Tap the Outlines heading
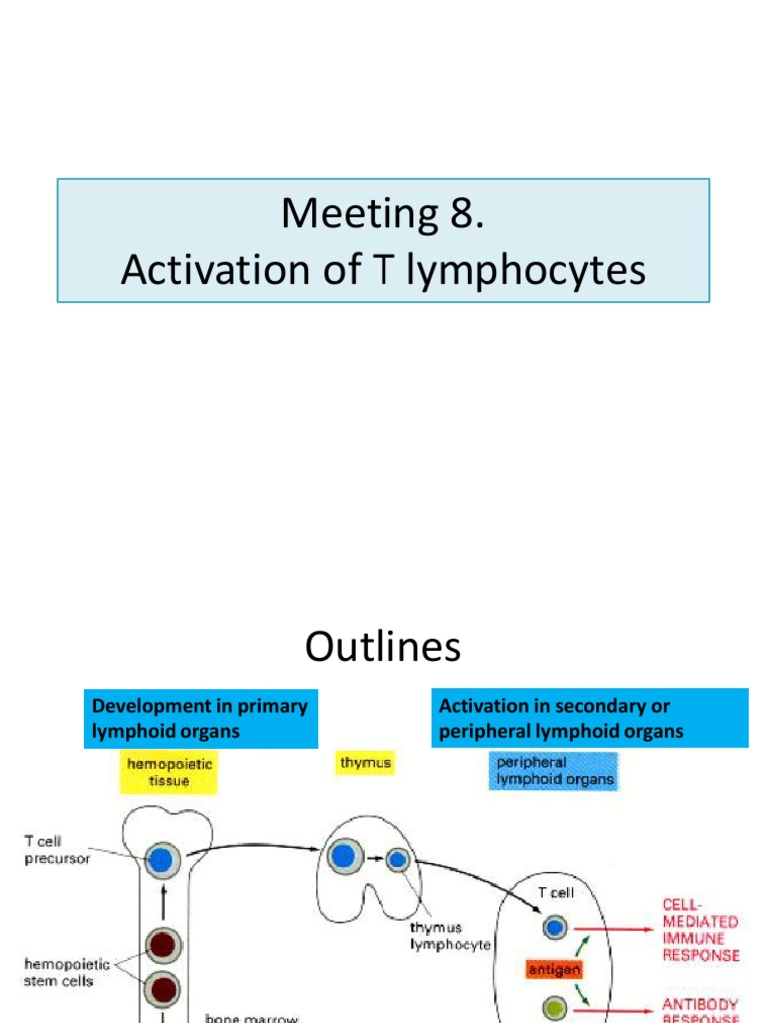pyautogui.click(x=383, y=648)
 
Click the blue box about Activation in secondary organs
pyautogui.click(x=589, y=718)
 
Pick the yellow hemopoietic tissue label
pyautogui.click(x=170, y=770)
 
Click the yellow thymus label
pyautogui.click(x=366, y=763)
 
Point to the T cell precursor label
pyautogui.click(x=57, y=850)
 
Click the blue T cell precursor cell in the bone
pyautogui.click(x=160, y=858)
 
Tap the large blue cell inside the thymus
pyautogui.click(x=343, y=856)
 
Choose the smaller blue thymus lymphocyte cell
pyautogui.click(x=397, y=859)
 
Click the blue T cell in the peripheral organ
pyautogui.click(x=554, y=928)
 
